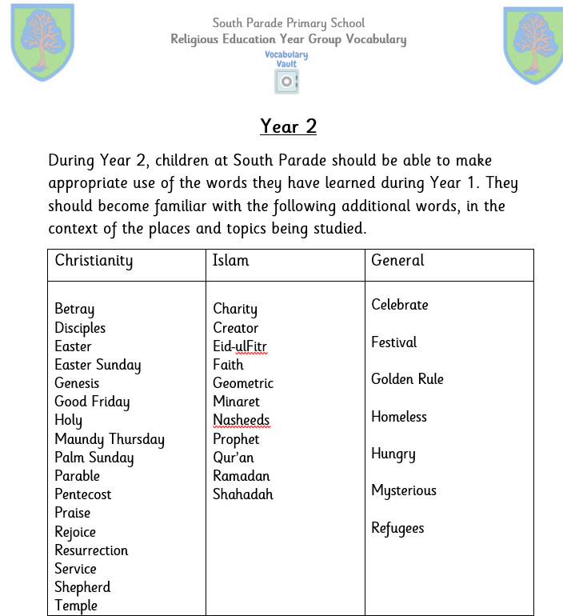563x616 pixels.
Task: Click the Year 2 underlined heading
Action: tap(289, 126)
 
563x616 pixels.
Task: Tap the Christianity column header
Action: tap(94, 261)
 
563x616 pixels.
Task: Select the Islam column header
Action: tap(231, 261)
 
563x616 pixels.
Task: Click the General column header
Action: tap(397, 261)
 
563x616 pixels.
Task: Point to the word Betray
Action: tap(74, 310)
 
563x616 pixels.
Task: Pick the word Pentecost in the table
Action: tap(83, 494)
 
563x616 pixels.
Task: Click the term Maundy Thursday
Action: tap(110, 439)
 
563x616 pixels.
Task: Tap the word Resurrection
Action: tap(91, 550)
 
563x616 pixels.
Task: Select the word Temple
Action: tap(76, 606)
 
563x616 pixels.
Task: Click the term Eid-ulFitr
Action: tap(240, 347)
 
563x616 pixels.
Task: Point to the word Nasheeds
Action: tap(242, 421)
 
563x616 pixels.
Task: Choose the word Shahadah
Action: tap(243, 494)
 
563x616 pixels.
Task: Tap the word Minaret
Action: tap(237, 402)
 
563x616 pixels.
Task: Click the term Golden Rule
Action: tap(407, 379)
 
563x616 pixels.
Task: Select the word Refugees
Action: tap(397, 529)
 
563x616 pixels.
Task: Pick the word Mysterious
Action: tap(404, 490)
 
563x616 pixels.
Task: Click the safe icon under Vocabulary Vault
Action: tap(286, 81)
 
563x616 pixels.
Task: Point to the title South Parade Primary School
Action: tap(288, 22)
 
